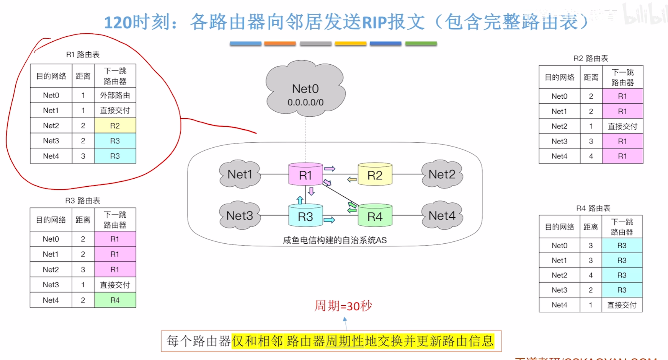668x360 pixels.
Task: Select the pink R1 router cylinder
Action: (305, 175)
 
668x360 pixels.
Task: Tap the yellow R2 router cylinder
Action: (375, 175)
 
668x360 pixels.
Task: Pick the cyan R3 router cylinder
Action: (305, 216)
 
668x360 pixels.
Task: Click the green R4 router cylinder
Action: (375, 216)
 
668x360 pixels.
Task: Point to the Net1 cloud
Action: (240, 174)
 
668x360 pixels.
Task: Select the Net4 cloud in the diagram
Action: (442, 216)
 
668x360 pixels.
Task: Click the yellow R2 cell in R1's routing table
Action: (115, 125)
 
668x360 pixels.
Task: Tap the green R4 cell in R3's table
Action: (115, 300)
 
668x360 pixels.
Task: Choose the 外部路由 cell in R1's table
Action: (115, 95)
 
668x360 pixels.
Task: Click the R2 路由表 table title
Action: (591, 59)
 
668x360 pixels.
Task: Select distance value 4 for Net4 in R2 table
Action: (591, 156)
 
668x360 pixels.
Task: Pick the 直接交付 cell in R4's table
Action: (622, 305)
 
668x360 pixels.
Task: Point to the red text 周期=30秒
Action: (343, 306)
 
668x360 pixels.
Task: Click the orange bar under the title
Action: (280, 44)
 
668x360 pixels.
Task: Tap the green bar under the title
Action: (421, 44)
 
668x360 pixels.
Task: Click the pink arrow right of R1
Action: (330, 169)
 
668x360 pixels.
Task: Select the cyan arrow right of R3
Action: (329, 220)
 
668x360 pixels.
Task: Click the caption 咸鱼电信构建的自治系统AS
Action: (335, 240)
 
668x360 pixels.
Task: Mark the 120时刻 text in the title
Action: (137, 22)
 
